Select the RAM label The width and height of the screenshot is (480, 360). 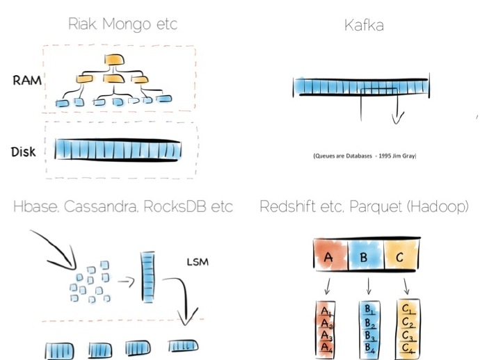tap(27, 80)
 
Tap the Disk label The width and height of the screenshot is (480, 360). tap(24, 152)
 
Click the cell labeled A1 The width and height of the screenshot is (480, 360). tap(326, 309)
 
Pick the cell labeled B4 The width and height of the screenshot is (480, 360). tap(369, 347)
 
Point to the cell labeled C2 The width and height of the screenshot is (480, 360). tap(408, 322)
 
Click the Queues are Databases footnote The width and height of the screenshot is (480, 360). tap(364, 156)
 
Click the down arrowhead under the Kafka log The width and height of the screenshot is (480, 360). tap(397, 119)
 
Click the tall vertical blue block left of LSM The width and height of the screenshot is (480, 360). tap(147, 277)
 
